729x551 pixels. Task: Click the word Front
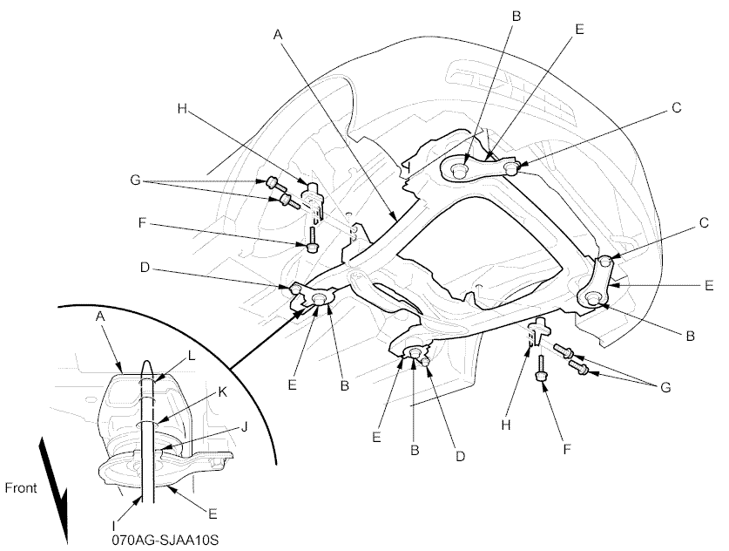pos(20,488)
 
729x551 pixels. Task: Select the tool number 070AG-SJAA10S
pos(165,540)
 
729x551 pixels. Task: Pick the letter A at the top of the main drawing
pos(278,34)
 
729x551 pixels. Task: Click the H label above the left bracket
pos(182,110)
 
